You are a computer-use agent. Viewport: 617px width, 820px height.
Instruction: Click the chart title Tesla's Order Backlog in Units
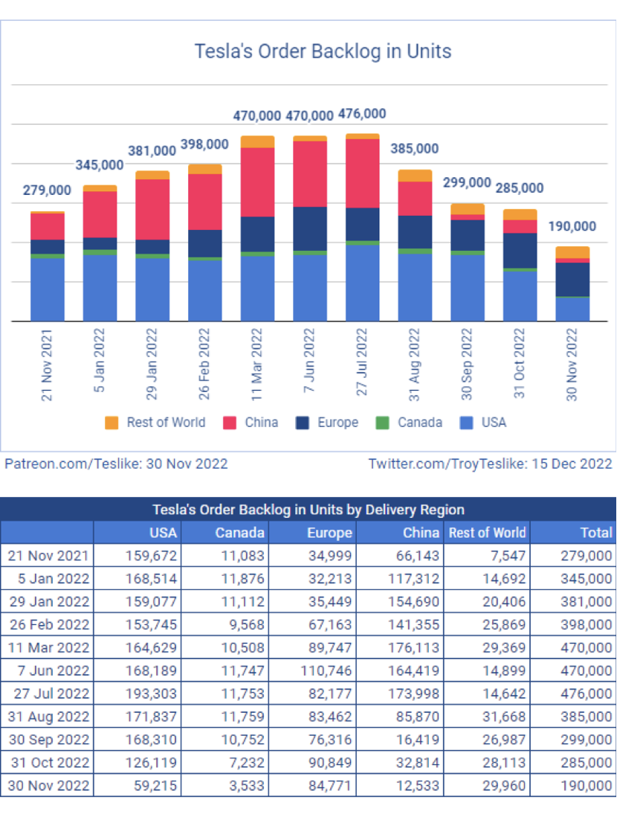[x=323, y=51]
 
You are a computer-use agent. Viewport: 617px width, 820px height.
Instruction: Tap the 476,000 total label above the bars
[x=362, y=114]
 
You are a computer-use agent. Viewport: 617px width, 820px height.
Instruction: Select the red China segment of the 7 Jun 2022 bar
[x=310, y=173]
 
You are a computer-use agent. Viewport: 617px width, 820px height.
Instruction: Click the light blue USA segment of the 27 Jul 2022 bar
[x=362, y=283]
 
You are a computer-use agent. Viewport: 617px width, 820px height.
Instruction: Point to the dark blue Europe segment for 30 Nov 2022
[x=572, y=279]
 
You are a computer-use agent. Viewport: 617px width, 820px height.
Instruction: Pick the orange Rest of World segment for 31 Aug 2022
[x=415, y=176]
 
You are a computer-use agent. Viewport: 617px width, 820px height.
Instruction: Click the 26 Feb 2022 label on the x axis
[x=205, y=365]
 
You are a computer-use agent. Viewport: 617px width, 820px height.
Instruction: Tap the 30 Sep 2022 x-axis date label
[x=468, y=365]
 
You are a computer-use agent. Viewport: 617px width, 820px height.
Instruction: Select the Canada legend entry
[x=410, y=423]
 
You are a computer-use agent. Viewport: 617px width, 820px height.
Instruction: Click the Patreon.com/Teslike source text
[x=116, y=464]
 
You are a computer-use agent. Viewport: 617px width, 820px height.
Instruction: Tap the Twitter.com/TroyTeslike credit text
[x=490, y=464]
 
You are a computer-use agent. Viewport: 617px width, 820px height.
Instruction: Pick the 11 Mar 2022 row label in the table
[x=48, y=647]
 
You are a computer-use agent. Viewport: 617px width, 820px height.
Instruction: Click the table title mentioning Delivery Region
[x=308, y=510]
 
